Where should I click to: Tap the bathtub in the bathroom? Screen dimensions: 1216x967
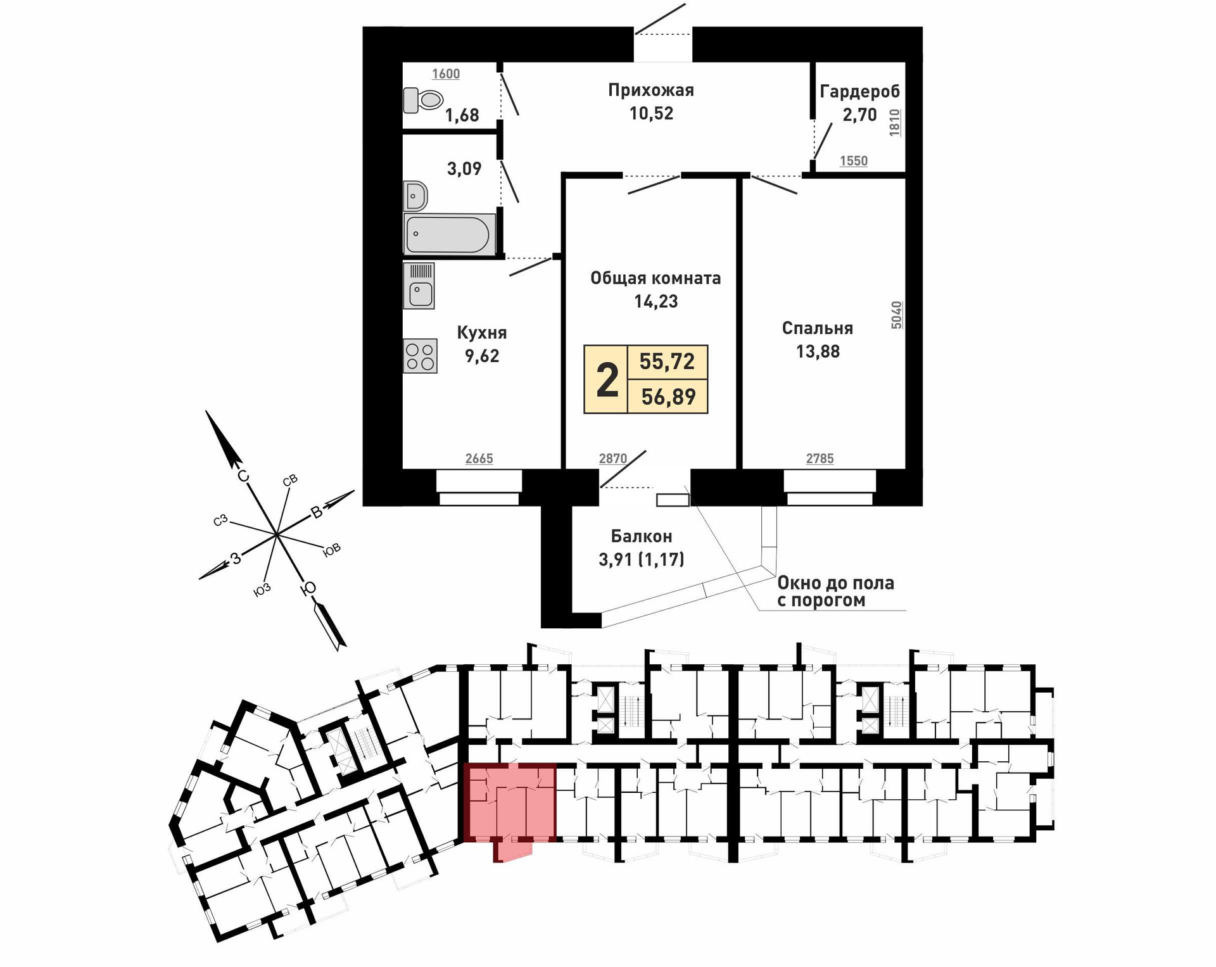pyautogui.click(x=448, y=234)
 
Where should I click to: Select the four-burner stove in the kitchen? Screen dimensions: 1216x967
pyautogui.click(x=420, y=356)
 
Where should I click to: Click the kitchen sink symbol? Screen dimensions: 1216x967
pyautogui.click(x=419, y=286)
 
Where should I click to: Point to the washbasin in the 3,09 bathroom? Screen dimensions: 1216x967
pyautogui.click(x=415, y=196)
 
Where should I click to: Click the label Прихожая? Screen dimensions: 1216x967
pyautogui.click(x=650, y=90)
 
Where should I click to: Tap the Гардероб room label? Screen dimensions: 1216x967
pyautogui.click(x=859, y=92)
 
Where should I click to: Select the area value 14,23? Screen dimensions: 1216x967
pyautogui.click(x=655, y=301)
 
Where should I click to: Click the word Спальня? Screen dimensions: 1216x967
pyautogui.click(x=817, y=328)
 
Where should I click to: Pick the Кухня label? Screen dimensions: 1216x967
pyautogui.click(x=482, y=332)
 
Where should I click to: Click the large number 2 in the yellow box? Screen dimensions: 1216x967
pyautogui.click(x=607, y=380)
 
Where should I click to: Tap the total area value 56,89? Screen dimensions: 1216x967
pyautogui.click(x=668, y=397)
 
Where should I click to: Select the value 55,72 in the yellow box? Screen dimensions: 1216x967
pyautogui.click(x=667, y=362)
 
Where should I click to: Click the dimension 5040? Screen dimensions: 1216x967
pyautogui.click(x=896, y=315)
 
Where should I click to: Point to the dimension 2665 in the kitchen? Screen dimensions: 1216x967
pyautogui.click(x=479, y=458)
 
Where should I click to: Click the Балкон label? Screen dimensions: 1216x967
pyautogui.click(x=641, y=536)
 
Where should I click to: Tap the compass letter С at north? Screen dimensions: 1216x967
pyautogui.click(x=243, y=476)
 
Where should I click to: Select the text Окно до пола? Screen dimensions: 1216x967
pyautogui.click(x=835, y=583)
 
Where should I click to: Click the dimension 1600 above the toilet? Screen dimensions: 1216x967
pyautogui.click(x=446, y=74)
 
